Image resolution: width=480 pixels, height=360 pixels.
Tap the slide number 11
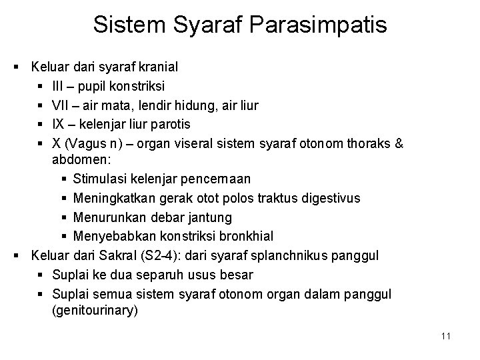click(x=446, y=336)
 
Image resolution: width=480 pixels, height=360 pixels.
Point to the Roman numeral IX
click(x=58, y=124)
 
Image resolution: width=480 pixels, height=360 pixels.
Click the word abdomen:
click(x=77, y=160)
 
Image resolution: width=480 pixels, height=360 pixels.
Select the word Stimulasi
click(x=100, y=179)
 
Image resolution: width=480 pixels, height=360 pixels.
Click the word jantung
click(x=211, y=217)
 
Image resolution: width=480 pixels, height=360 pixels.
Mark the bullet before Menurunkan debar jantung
click(x=63, y=217)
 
